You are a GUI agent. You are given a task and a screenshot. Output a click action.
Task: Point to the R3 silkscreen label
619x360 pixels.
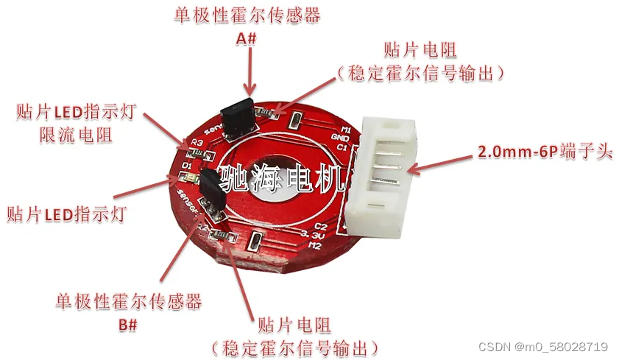(196, 142)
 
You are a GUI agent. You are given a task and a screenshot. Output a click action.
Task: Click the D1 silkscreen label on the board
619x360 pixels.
(187, 166)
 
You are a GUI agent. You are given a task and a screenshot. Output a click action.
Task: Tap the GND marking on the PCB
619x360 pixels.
(340, 138)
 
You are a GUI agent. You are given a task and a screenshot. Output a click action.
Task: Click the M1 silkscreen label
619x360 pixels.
(345, 130)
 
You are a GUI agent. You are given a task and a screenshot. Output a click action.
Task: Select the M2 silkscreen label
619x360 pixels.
(315, 245)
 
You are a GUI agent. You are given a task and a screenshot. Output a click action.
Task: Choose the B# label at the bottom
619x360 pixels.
(127, 324)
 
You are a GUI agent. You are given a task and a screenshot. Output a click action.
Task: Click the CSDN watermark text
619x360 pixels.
(542, 347)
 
